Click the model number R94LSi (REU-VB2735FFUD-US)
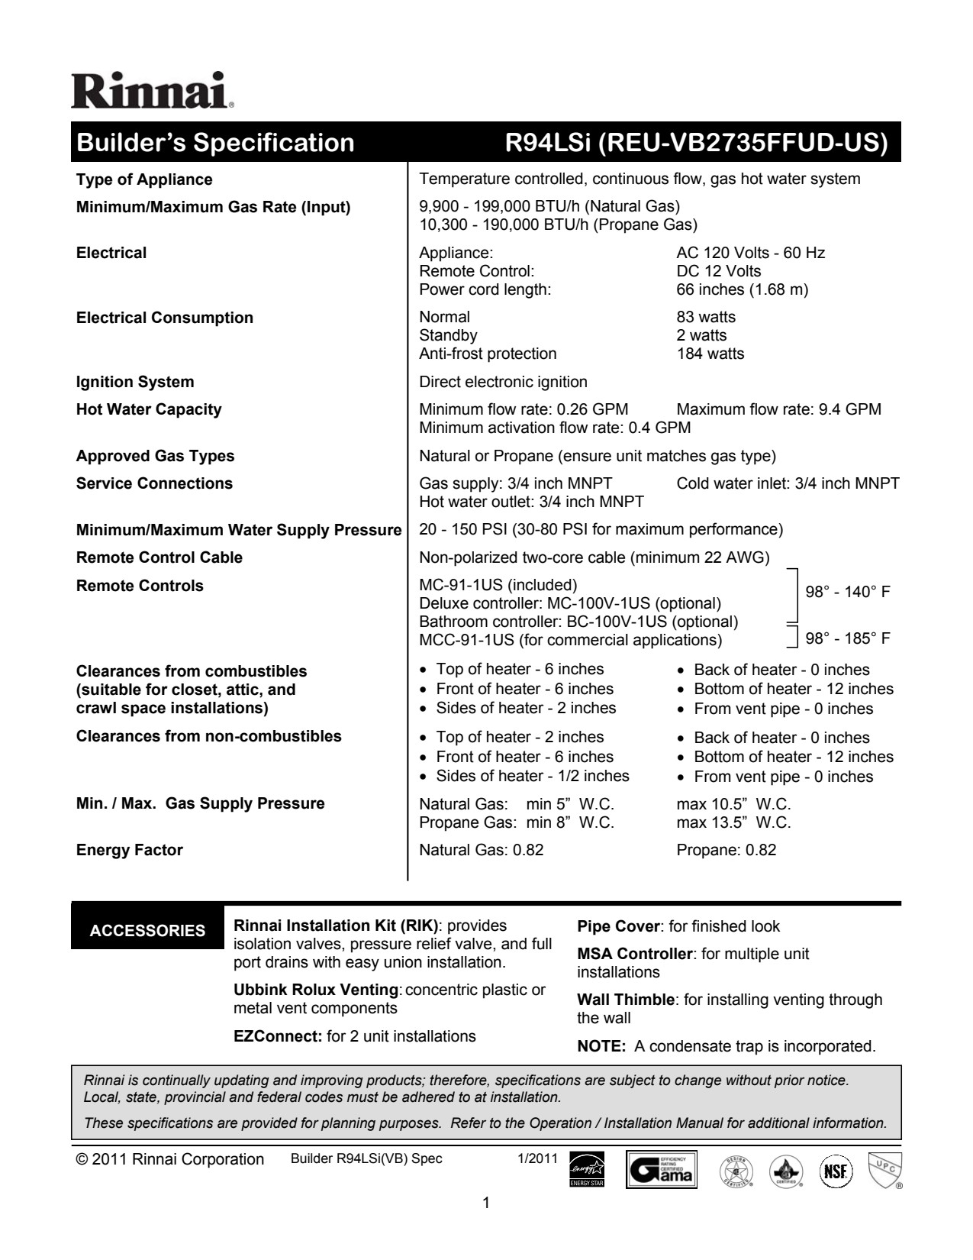[x=697, y=143]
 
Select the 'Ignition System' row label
[x=135, y=382]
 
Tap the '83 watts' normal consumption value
[x=706, y=317]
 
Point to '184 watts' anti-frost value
[x=710, y=354]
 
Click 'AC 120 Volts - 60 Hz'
[x=750, y=253]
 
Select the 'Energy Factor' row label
[x=130, y=850]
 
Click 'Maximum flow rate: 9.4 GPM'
[x=778, y=409]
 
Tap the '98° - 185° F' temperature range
[x=848, y=638]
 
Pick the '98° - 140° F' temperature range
[x=848, y=593]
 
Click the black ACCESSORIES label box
[x=147, y=930]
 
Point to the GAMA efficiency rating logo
[x=662, y=1169]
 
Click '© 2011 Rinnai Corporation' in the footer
[x=170, y=1159]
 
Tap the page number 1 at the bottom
[x=486, y=1204]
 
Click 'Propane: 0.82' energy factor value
[x=726, y=850]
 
